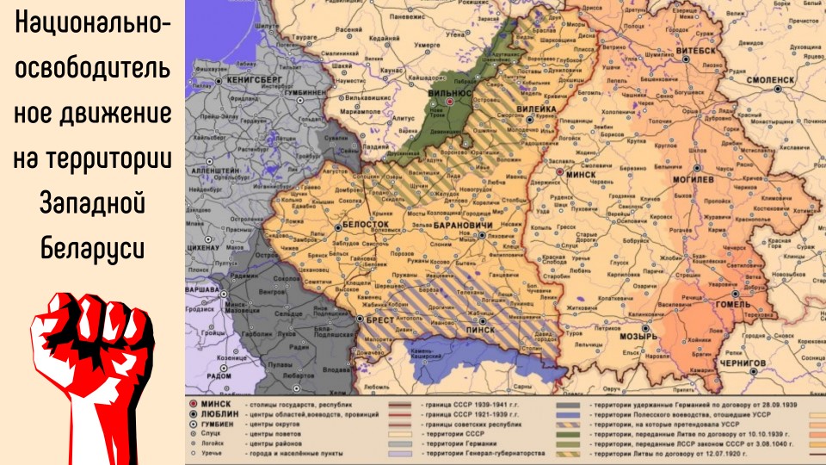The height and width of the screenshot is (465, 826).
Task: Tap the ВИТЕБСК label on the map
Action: coord(696,51)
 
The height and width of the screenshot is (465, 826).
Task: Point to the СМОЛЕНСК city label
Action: coord(770,78)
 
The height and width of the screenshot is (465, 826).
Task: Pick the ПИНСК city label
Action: coord(477,329)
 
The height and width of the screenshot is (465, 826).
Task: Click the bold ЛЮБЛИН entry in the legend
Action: coord(219,413)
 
